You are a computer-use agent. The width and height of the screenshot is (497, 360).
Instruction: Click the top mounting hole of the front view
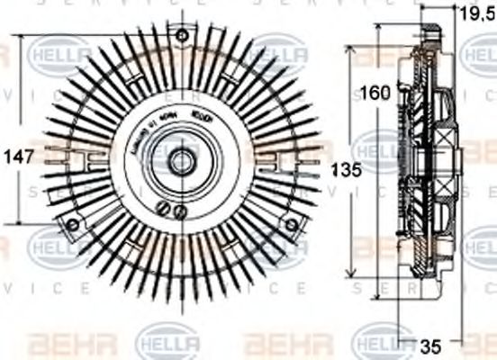pos(183,35)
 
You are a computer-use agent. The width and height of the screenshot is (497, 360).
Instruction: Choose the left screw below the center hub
pos(164,209)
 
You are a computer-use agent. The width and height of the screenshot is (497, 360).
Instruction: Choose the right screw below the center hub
pos(180,212)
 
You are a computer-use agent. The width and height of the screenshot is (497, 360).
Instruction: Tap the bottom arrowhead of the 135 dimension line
pos(351,274)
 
